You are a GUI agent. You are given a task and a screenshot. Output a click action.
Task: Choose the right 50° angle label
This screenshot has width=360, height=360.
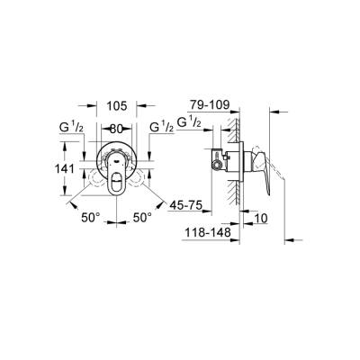(x=142, y=218)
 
